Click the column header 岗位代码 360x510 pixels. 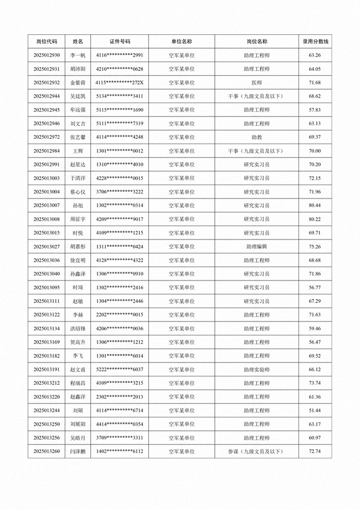47,42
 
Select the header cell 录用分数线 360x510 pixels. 315,42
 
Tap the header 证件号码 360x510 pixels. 120,42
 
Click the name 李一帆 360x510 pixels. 78,55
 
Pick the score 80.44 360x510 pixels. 315,206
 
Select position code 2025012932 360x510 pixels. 47,83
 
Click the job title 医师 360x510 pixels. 256,83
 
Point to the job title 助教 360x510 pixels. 256,137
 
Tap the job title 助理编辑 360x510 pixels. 256,247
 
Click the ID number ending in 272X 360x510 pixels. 120,83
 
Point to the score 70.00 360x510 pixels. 315,151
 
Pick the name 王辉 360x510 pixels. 78,151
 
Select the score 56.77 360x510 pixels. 315,288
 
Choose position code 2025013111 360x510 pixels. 47,301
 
